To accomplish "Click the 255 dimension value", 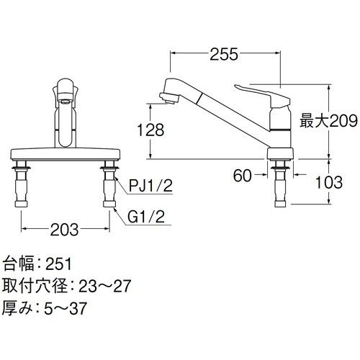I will click(x=225, y=53).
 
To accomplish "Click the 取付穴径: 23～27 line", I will click(x=66, y=287).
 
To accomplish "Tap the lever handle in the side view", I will click(x=260, y=91).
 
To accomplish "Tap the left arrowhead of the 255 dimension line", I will click(x=172, y=53).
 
